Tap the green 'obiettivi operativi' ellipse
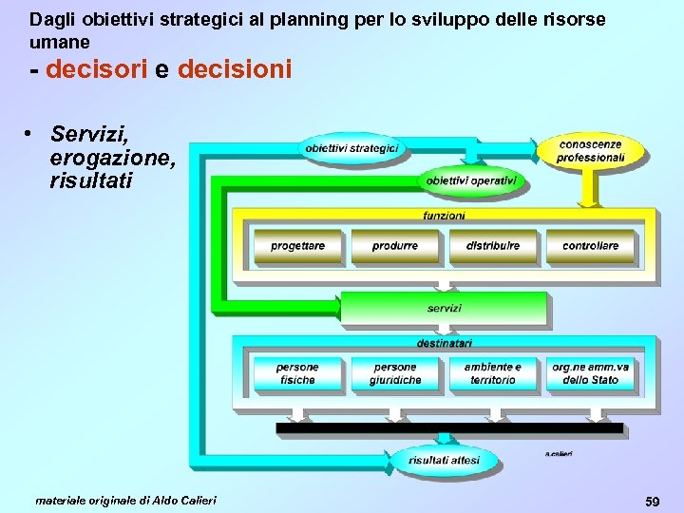pos(470,180)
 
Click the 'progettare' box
pos(297,246)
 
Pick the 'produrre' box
pos(395,246)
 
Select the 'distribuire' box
pos(492,246)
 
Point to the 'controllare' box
pos(590,246)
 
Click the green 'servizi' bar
pos(444,309)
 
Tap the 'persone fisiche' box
pos(297,373)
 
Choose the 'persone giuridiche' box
pos(395,373)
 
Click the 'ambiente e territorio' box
pos(492,373)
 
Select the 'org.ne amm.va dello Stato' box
pos(590,373)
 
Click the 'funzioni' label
pos(444,216)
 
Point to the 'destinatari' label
pos(444,342)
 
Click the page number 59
pos(652,500)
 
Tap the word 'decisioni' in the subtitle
pos(234,70)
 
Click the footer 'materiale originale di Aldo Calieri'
pos(125,500)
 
